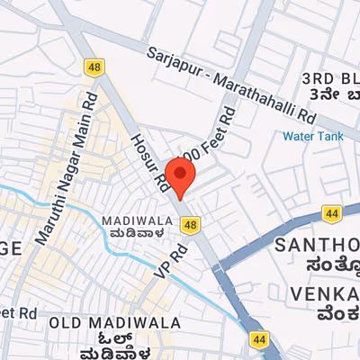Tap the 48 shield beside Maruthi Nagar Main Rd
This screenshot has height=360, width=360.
coord(94,67)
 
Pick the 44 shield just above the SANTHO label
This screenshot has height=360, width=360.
coord(332,214)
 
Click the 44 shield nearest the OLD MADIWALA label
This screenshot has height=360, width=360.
coord(259,339)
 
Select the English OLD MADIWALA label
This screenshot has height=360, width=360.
coord(114,322)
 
